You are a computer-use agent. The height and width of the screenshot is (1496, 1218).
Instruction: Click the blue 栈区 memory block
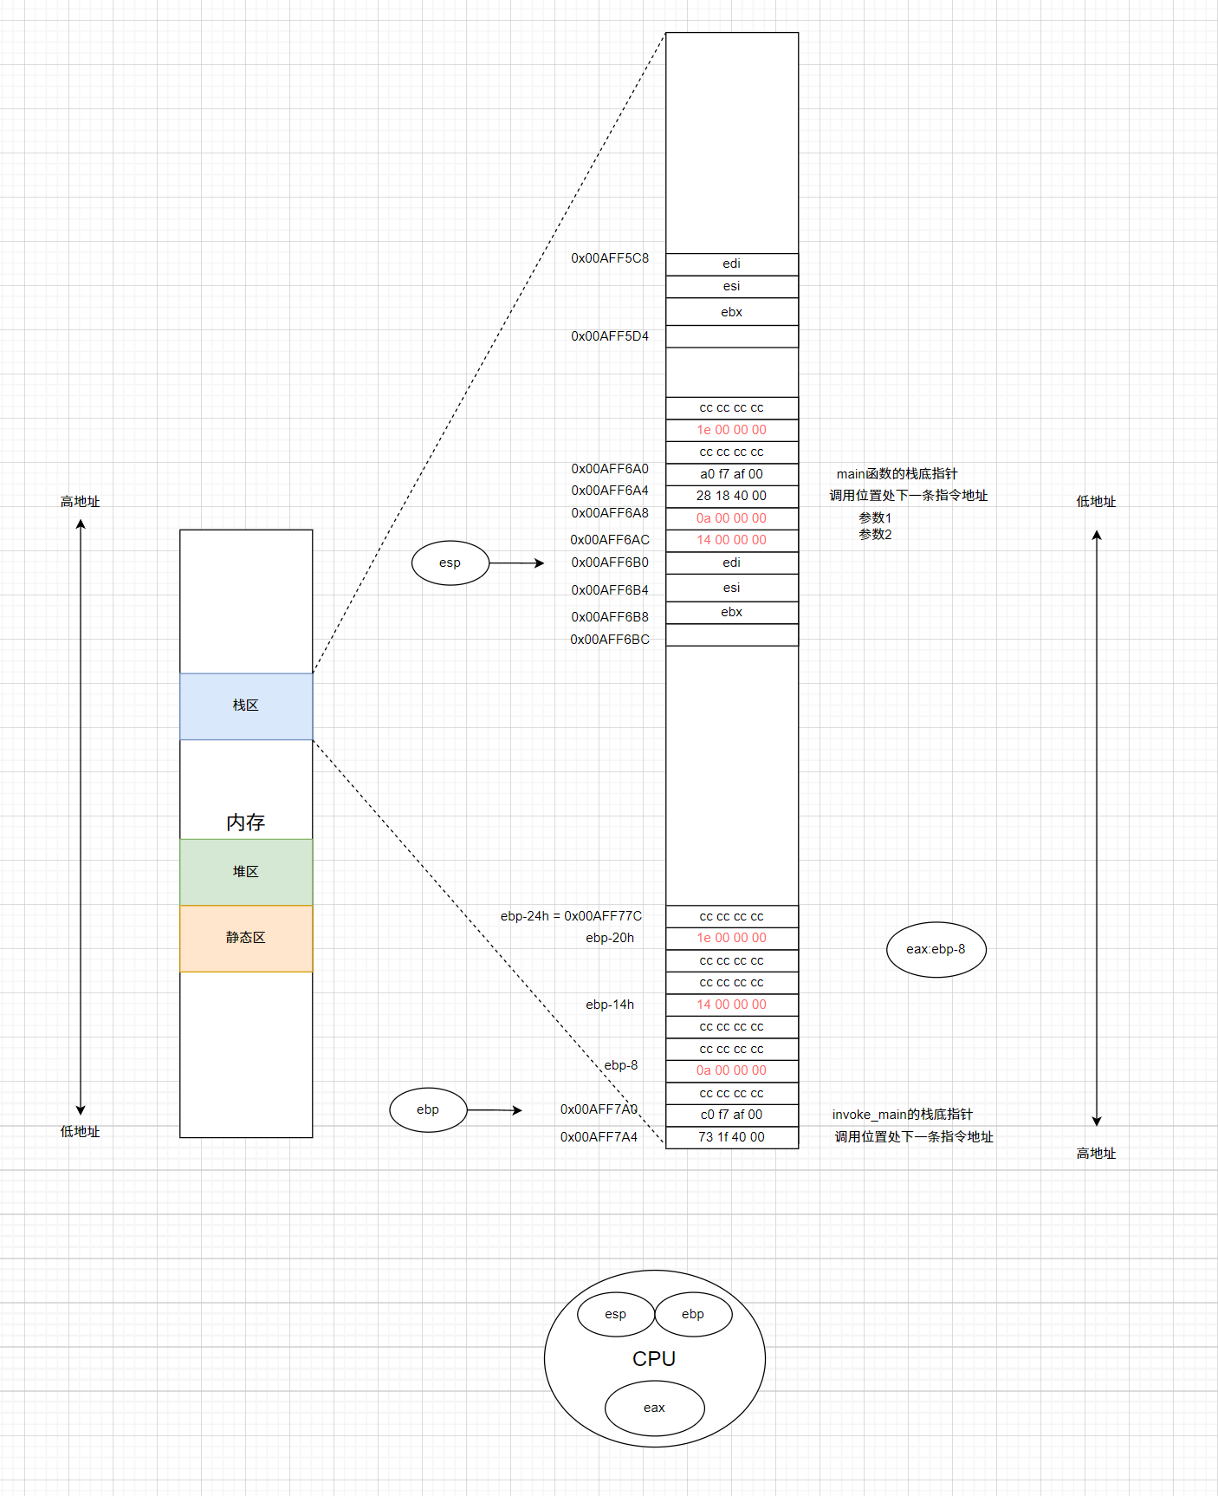point(246,706)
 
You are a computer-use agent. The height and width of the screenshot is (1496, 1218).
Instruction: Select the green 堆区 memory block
point(246,871)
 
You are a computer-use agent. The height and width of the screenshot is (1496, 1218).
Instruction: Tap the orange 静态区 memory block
point(246,938)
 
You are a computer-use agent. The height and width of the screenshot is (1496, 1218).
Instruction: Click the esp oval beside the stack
point(450,563)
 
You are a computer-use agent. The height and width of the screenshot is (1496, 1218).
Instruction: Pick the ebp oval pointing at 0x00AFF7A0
point(428,1109)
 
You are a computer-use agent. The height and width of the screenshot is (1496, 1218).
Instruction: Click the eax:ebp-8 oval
point(936,949)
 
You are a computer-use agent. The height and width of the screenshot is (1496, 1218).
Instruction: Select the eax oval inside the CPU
point(654,1408)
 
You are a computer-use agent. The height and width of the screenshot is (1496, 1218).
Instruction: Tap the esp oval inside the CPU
point(615,1314)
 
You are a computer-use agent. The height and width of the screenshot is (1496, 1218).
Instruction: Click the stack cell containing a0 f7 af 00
point(731,474)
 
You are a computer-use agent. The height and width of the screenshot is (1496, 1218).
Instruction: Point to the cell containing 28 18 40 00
point(731,496)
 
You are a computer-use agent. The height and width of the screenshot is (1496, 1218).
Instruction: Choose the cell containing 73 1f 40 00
point(731,1137)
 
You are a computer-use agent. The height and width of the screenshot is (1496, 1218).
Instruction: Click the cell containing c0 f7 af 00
point(731,1115)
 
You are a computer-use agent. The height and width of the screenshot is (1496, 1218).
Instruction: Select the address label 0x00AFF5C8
point(610,258)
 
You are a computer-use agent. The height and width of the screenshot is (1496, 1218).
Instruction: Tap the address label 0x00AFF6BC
point(610,640)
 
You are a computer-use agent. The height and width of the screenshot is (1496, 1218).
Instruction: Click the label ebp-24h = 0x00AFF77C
point(571,916)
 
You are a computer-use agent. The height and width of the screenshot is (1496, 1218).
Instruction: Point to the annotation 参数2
point(875,535)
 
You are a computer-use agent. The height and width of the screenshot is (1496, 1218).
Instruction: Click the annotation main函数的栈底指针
point(897,474)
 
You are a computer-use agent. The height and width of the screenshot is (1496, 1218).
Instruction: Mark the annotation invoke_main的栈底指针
point(902,1115)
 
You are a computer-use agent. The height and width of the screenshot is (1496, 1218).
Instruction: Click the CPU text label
point(654,1359)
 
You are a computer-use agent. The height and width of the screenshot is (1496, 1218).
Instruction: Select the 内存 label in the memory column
point(246,822)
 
